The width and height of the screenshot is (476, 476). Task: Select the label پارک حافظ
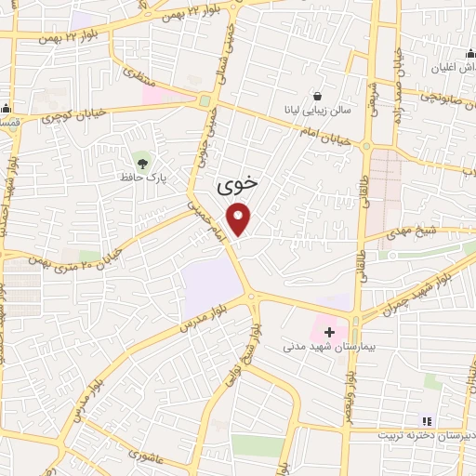(141, 174)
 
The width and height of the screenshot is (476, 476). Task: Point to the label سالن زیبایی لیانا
(318, 109)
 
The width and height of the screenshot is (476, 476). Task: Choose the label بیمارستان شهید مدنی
(328, 346)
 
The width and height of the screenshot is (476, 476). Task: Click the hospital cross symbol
(329, 331)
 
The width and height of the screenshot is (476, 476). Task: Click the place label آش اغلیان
(449, 69)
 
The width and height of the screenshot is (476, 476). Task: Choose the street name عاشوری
(148, 456)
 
